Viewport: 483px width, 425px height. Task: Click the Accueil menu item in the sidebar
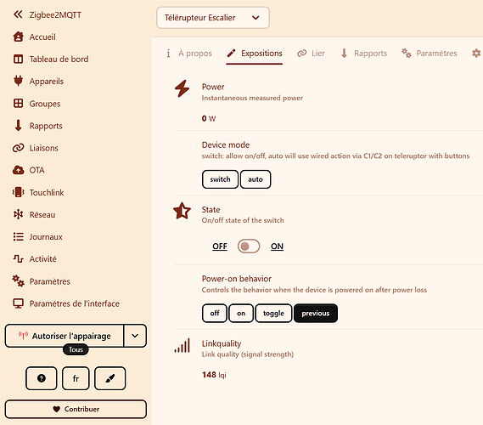click(35, 37)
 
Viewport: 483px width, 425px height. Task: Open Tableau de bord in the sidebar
click(51, 59)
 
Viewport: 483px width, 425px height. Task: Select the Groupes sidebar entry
click(37, 104)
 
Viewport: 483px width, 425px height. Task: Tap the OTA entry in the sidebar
click(29, 170)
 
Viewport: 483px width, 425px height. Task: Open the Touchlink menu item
click(38, 192)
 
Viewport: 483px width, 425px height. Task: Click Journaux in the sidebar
click(37, 237)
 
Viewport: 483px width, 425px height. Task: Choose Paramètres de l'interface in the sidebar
click(66, 303)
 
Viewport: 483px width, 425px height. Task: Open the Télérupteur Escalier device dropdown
click(213, 18)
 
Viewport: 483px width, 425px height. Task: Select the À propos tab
click(189, 54)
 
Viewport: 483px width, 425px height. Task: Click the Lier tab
click(311, 54)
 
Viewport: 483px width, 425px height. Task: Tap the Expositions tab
click(255, 54)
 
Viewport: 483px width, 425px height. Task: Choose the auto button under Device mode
click(256, 179)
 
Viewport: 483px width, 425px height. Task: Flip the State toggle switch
click(249, 246)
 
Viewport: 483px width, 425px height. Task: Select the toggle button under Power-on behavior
click(273, 314)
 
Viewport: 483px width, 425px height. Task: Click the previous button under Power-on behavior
click(316, 314)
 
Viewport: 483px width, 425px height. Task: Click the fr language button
click(76, 378)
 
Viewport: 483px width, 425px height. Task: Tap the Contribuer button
click(76, 409)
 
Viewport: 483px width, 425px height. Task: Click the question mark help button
click(42, 378)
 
